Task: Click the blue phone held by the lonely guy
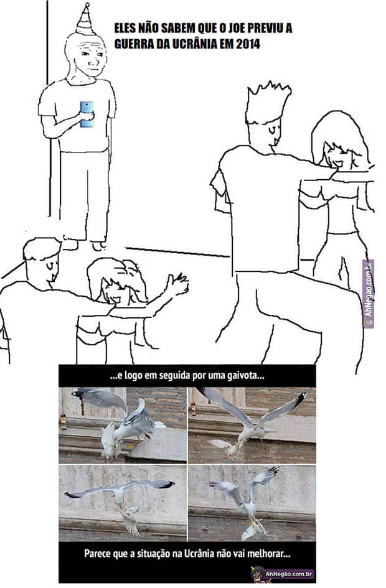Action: tap(87, 114)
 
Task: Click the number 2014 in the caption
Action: tap(248, 44)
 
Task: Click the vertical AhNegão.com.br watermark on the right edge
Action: tap(369, 293)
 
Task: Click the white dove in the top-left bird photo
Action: tap(110, 441)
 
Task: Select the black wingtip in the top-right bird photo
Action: tap(300, 400)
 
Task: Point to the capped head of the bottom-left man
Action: tap(40, 259)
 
